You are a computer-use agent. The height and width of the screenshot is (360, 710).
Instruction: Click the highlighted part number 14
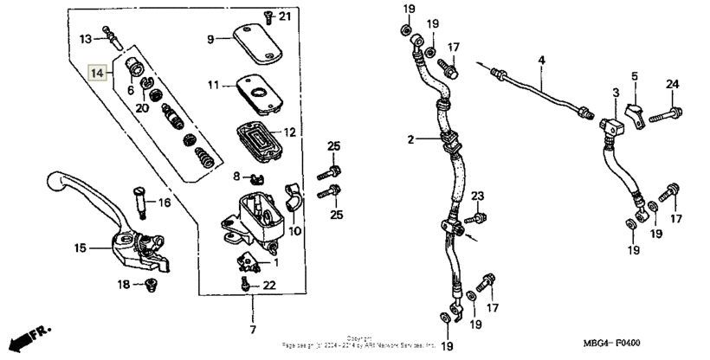[x=99, y=74]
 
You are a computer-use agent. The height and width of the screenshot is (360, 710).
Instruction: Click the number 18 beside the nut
[x=124, y=285]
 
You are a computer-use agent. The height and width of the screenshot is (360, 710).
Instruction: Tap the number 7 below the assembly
[x=253, y=331]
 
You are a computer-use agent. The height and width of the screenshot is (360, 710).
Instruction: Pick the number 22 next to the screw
[x=269, y=286]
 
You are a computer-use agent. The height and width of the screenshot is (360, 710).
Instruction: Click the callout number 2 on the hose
[x=413, y=138]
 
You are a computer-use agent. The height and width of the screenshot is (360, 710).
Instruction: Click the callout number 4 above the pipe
[x=541, y=60]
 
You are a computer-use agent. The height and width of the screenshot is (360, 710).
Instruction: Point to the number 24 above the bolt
[x=672, y=84]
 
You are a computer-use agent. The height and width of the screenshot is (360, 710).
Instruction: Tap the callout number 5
[x=634, y=77]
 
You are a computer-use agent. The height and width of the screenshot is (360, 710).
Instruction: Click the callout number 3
[x=616, y=93]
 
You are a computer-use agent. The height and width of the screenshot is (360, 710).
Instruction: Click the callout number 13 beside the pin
[x=86, y=39]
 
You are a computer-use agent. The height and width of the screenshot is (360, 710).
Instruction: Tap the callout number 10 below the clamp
[x=294, y=231]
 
